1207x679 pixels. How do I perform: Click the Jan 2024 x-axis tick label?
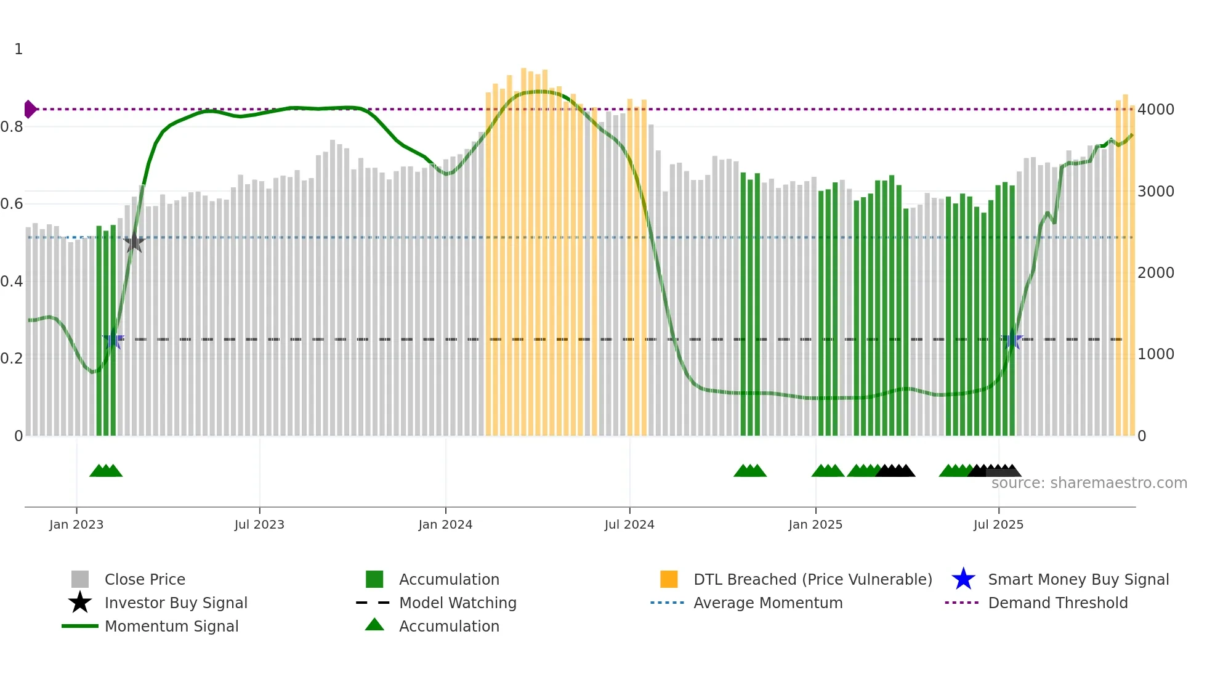click(445, 524)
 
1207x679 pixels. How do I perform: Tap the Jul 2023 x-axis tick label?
click(259, 524)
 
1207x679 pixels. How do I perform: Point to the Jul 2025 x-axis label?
click(998, 524)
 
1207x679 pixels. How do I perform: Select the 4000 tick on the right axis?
click(1155, 110)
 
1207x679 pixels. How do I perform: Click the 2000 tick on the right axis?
click(1155, 273)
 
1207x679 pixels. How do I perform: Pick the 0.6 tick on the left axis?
click(12, 204)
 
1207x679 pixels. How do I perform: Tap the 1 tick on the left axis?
click(18, 49)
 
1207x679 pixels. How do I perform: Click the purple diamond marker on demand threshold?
click(30, 109)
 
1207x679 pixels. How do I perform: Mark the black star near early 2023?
click(134, 243)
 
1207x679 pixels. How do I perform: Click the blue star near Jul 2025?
click(1012, 339)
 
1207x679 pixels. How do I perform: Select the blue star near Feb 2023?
click(113, 339)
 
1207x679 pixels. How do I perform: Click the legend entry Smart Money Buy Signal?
click(1078, 579)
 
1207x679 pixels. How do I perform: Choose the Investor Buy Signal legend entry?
click(176, 603)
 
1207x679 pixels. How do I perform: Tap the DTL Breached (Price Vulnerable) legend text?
click(812, 579)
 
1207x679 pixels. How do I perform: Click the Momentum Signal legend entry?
click(171, 626)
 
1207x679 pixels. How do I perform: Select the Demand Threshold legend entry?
click(1057, 603)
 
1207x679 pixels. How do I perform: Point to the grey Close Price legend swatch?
click(80, 579)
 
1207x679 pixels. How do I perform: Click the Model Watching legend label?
click(458, 603)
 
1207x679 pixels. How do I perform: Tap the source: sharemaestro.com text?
click(1089, 483)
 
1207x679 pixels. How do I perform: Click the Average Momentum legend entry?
click(767, 603)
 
